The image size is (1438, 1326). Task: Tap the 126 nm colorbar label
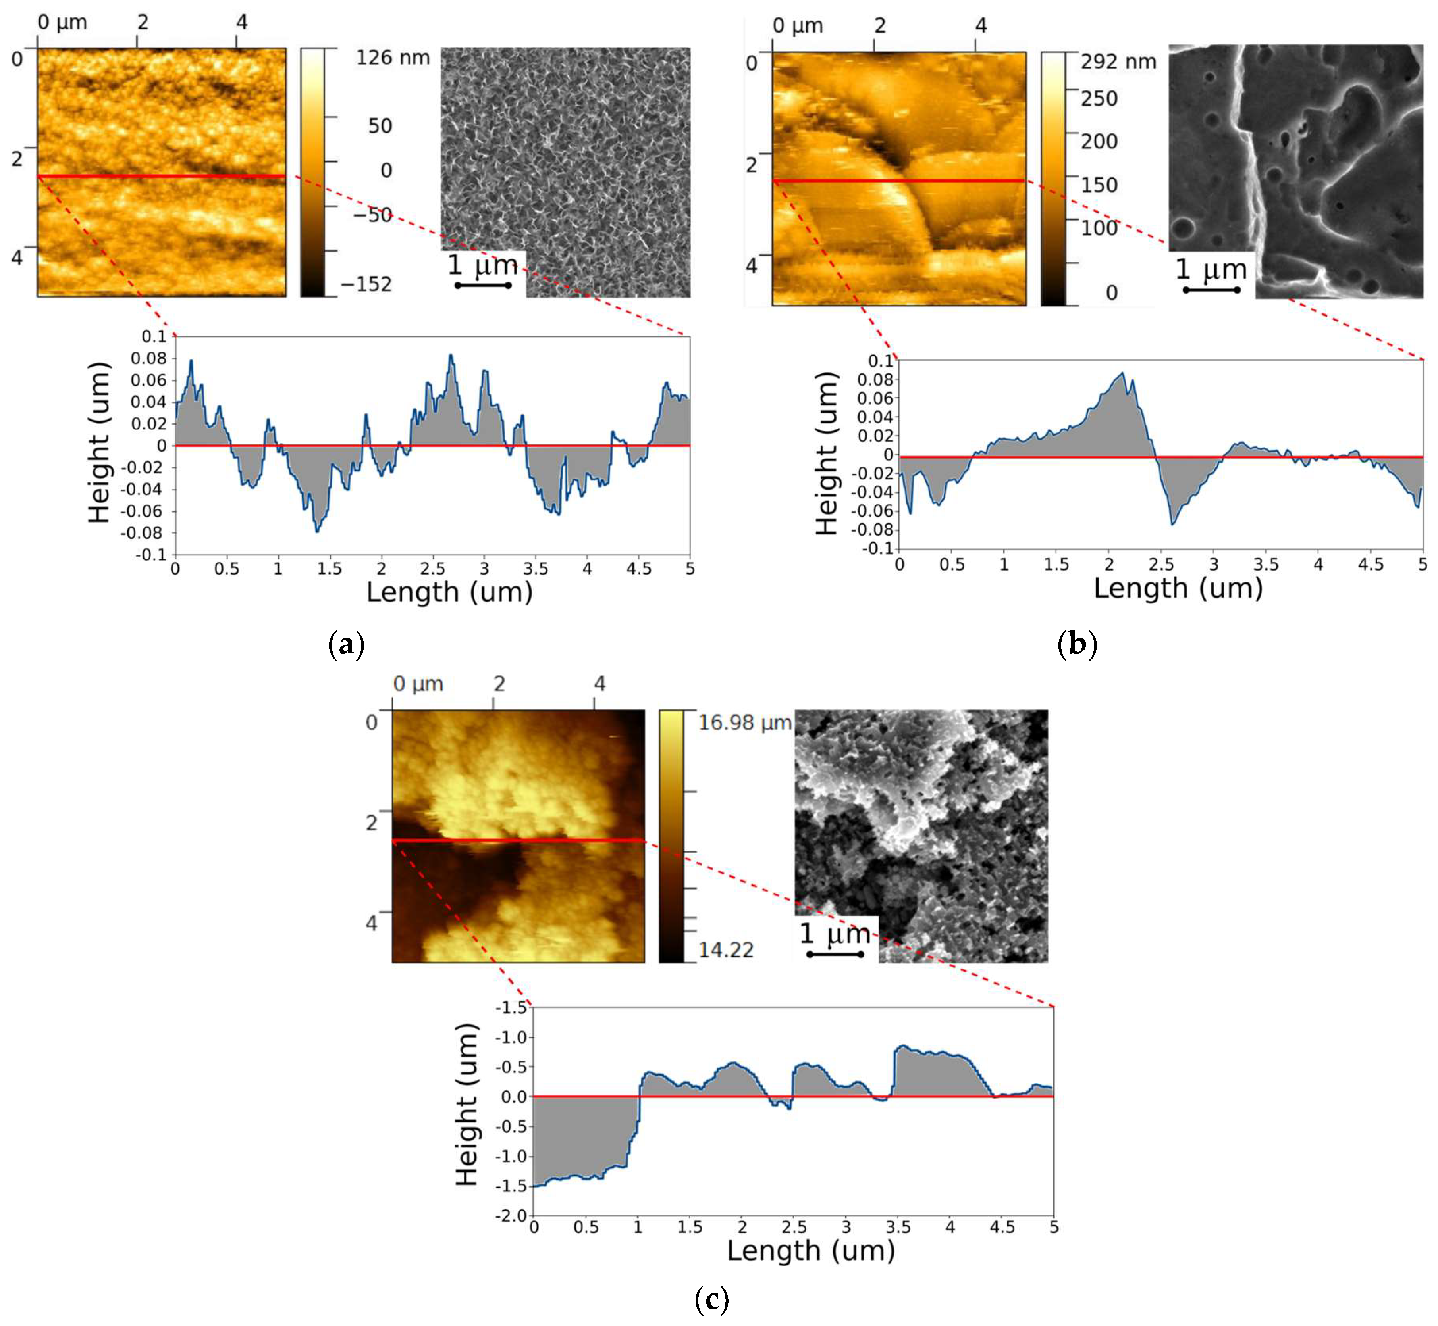tap(393, 58)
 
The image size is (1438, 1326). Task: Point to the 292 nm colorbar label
tap(1118, 62)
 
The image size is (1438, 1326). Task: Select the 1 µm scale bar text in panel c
tap(835, 934)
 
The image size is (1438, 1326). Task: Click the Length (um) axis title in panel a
tap(449, 592)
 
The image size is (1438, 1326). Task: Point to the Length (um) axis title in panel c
tap(811, 1251)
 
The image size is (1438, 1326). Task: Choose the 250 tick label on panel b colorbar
tap(1099, 98)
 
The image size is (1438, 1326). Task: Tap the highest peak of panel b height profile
tap(1122, 373)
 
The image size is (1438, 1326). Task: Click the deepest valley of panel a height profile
tap(317, 531)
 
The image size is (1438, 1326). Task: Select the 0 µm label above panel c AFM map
tap(418, 684)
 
